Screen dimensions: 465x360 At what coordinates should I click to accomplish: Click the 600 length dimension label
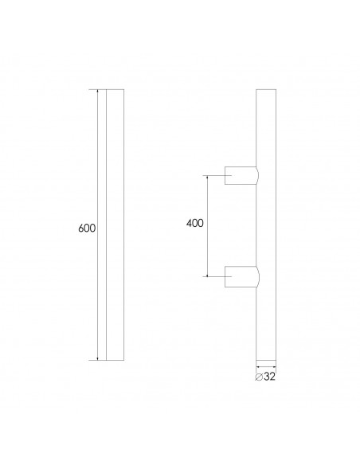[87, 229]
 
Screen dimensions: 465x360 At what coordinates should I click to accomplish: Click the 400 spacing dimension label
[195, 224]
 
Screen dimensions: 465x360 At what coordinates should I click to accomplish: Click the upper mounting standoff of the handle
[241, 175]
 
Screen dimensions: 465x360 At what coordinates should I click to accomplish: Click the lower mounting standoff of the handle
[241, 275]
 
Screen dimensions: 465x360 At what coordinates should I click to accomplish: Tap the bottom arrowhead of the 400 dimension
[209, 274]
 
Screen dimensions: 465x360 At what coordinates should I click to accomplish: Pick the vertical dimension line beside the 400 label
[209, 239]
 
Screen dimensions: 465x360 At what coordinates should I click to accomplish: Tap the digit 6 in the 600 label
[82, 229]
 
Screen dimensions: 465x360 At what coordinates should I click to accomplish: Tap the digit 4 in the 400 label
[190, 224]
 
